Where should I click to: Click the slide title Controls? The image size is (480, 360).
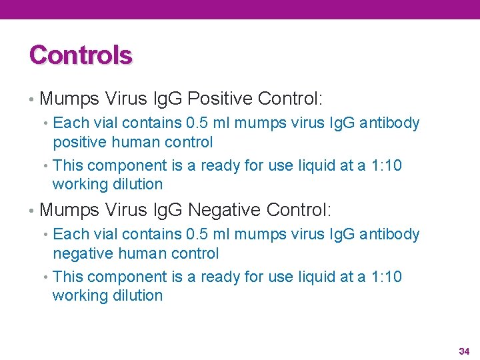tap(81, 55)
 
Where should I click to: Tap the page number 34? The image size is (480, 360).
tap(464, 351)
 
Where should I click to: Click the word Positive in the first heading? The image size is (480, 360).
tap(220, 99)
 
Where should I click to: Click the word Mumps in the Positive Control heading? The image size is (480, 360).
tap(70, 99)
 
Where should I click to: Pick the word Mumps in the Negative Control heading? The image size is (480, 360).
tap(70, 210)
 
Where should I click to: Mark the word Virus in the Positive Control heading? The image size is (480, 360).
tap(127, 99)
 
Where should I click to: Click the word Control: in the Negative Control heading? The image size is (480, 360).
tap(298, 210)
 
